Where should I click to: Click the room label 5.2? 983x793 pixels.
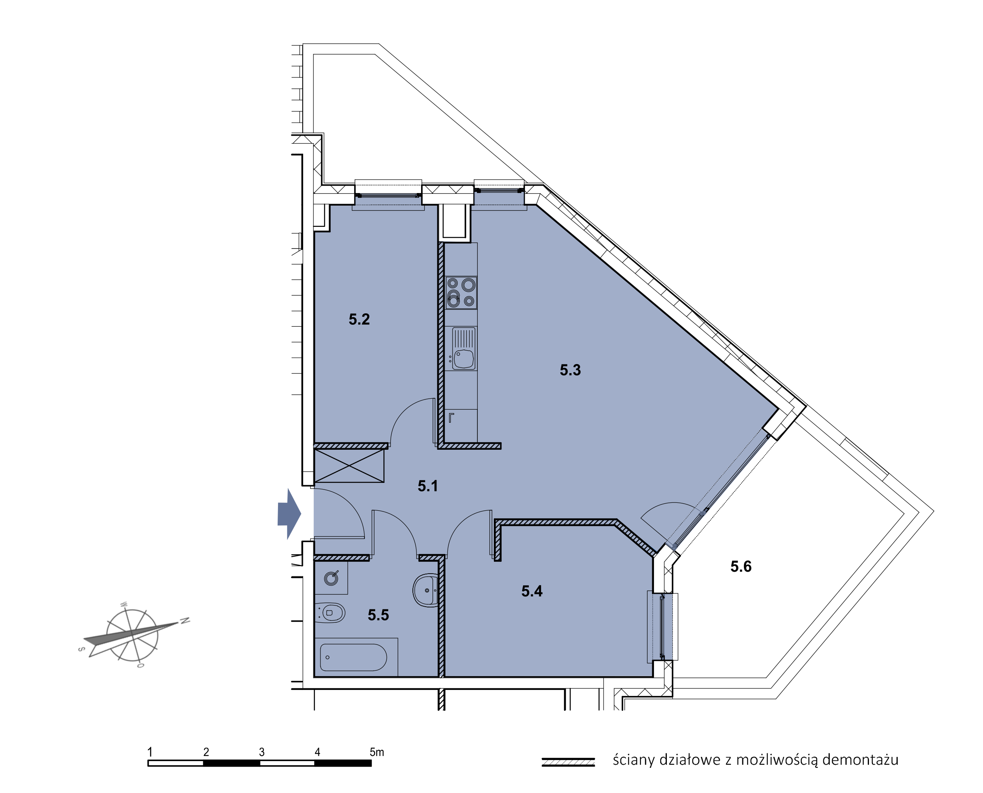coord(359,319)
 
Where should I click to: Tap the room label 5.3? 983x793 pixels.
coord(570,370)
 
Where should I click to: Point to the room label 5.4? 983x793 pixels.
coord(532,592)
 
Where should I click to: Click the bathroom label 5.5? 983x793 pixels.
coord(378,615)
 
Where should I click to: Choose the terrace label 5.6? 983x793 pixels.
coord(740,567)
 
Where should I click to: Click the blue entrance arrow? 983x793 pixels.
coord(289,514)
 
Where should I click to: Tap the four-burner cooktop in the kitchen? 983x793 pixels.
coord(461,293)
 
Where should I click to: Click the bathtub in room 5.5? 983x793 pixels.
coord(353,657)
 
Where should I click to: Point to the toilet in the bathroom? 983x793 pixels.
coord(331,613)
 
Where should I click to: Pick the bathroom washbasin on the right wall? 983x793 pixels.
coord(426,590)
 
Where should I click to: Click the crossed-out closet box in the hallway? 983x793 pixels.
coord(350,466)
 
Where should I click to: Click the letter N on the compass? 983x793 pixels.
coord(185,620)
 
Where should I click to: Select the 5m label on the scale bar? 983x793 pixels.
coord(377,753)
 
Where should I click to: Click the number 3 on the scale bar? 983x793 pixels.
coord(262,753)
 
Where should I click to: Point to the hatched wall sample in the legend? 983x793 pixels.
coord(568,762)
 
